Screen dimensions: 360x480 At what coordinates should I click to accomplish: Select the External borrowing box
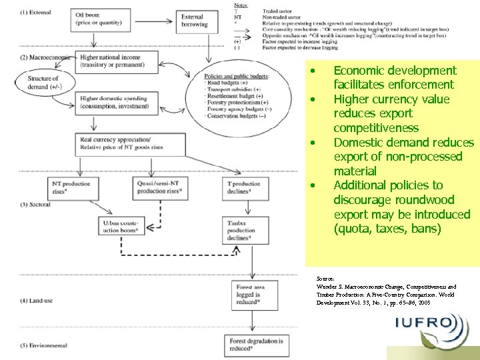coord(195,21)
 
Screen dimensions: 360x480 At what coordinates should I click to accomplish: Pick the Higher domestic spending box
coord(114,103)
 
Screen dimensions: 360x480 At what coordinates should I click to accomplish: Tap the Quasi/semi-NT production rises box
coord(160,187)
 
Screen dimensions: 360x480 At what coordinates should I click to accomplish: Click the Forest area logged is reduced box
coord(253,294)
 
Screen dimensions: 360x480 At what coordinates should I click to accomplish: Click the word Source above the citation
coord(325,278)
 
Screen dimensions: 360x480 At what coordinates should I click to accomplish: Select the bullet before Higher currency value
coord(311,99)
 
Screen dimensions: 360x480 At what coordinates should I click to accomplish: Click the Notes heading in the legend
coord(241,5)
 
